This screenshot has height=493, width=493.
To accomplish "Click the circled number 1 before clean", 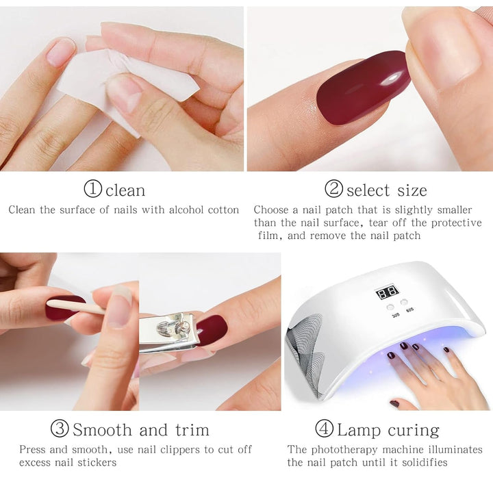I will click(x=92, y=189).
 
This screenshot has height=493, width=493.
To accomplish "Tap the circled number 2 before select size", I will click(x=333, y=189).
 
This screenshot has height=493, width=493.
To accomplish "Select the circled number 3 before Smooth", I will click(x=60, y=429).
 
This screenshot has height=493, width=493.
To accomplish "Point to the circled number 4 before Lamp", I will click(x=324, y=429).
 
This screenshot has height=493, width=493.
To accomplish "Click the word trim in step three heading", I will click(x=186, y=430).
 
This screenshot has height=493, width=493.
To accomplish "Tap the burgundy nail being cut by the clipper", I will click(x=212, y=329).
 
